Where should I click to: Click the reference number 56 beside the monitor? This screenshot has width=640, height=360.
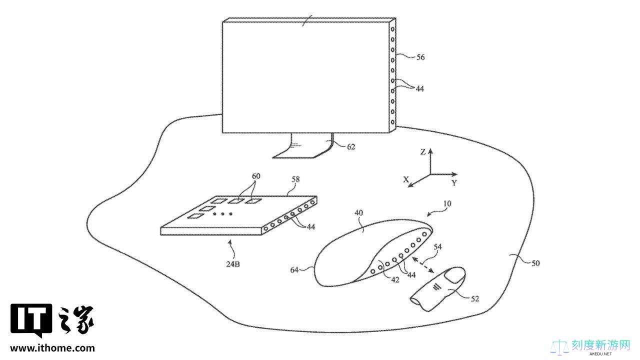pos(420,57)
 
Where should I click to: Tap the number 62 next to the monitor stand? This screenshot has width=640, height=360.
pos(351,147)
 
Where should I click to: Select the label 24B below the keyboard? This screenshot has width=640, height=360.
pos(233,264)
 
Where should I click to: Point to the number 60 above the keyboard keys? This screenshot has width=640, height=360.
pos(256,176)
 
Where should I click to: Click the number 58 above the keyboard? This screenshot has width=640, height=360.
pos(295,179)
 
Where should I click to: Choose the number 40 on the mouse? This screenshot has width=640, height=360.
pos(358,213)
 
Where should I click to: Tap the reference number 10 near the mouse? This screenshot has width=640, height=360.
pos(447,203)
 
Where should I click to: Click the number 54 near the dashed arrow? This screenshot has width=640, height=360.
pos(437,246)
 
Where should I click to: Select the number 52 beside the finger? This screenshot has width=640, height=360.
pos(474,299)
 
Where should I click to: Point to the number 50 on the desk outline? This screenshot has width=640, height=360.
pos(535,263)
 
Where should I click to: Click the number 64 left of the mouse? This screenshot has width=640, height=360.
pos(294,269)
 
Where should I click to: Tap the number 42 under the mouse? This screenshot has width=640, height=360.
pos(395,280)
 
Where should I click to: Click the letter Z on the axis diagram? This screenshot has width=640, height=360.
pos(423,152)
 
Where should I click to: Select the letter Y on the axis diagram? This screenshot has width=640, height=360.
pos(454,183)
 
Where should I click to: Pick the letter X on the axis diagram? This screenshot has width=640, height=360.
pos(406,179)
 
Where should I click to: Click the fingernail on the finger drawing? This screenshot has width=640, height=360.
pos(455,275)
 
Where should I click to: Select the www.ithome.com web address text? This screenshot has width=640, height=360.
pos(52,348)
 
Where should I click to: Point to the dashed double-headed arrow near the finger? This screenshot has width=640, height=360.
pos(423,264)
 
